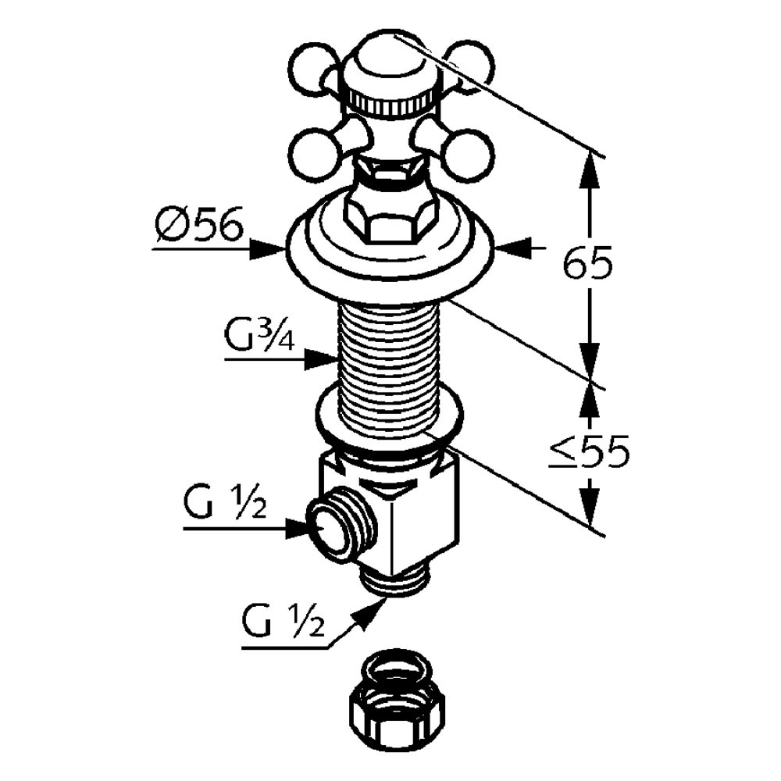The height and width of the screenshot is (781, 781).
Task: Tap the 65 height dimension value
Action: click(588, 266)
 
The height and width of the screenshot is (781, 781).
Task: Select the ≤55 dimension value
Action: click(588, 453)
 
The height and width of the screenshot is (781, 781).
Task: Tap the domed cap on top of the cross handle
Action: click(390, 66)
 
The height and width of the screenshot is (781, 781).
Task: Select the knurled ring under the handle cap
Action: click(390, 102)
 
